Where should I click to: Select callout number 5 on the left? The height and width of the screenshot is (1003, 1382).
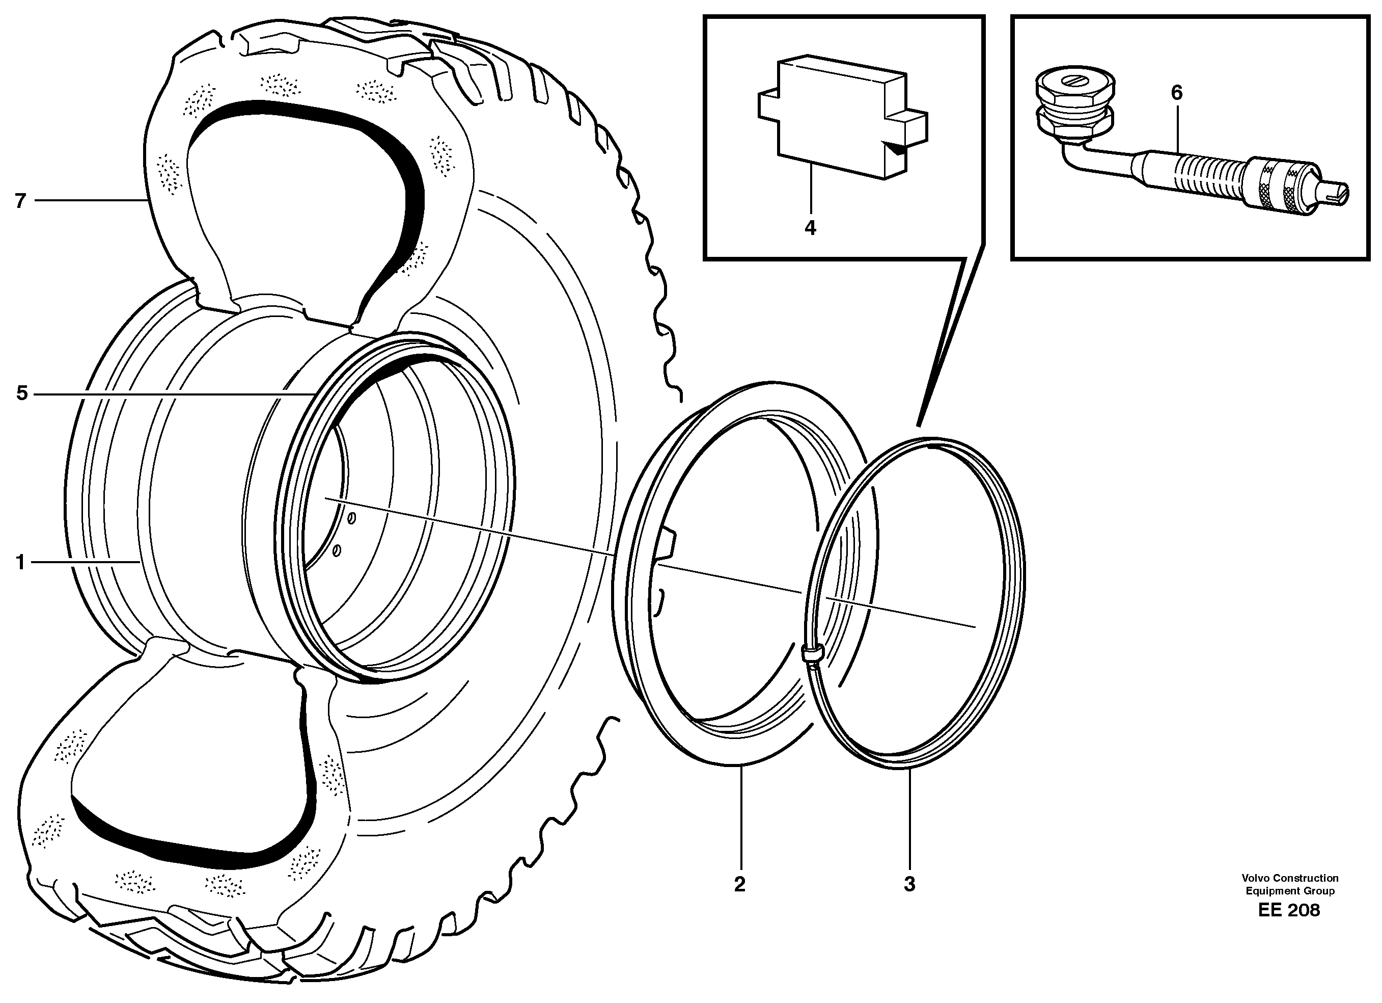tap(22, 393)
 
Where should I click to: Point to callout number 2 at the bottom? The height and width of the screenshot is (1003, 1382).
tap(740, 884)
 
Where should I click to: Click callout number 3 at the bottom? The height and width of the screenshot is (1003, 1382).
tap(909, 884)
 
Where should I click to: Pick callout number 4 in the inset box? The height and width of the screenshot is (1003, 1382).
tap(810, 227)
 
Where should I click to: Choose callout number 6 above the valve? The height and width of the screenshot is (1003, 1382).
tap(1176, 93)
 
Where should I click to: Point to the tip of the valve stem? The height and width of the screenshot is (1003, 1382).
tap(1335, 194)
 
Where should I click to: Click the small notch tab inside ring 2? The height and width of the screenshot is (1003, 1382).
tap(666, 543)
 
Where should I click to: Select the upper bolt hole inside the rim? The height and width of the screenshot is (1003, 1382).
tap(351, 518)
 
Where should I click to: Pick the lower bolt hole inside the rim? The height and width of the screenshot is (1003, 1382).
tap(337, 550)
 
